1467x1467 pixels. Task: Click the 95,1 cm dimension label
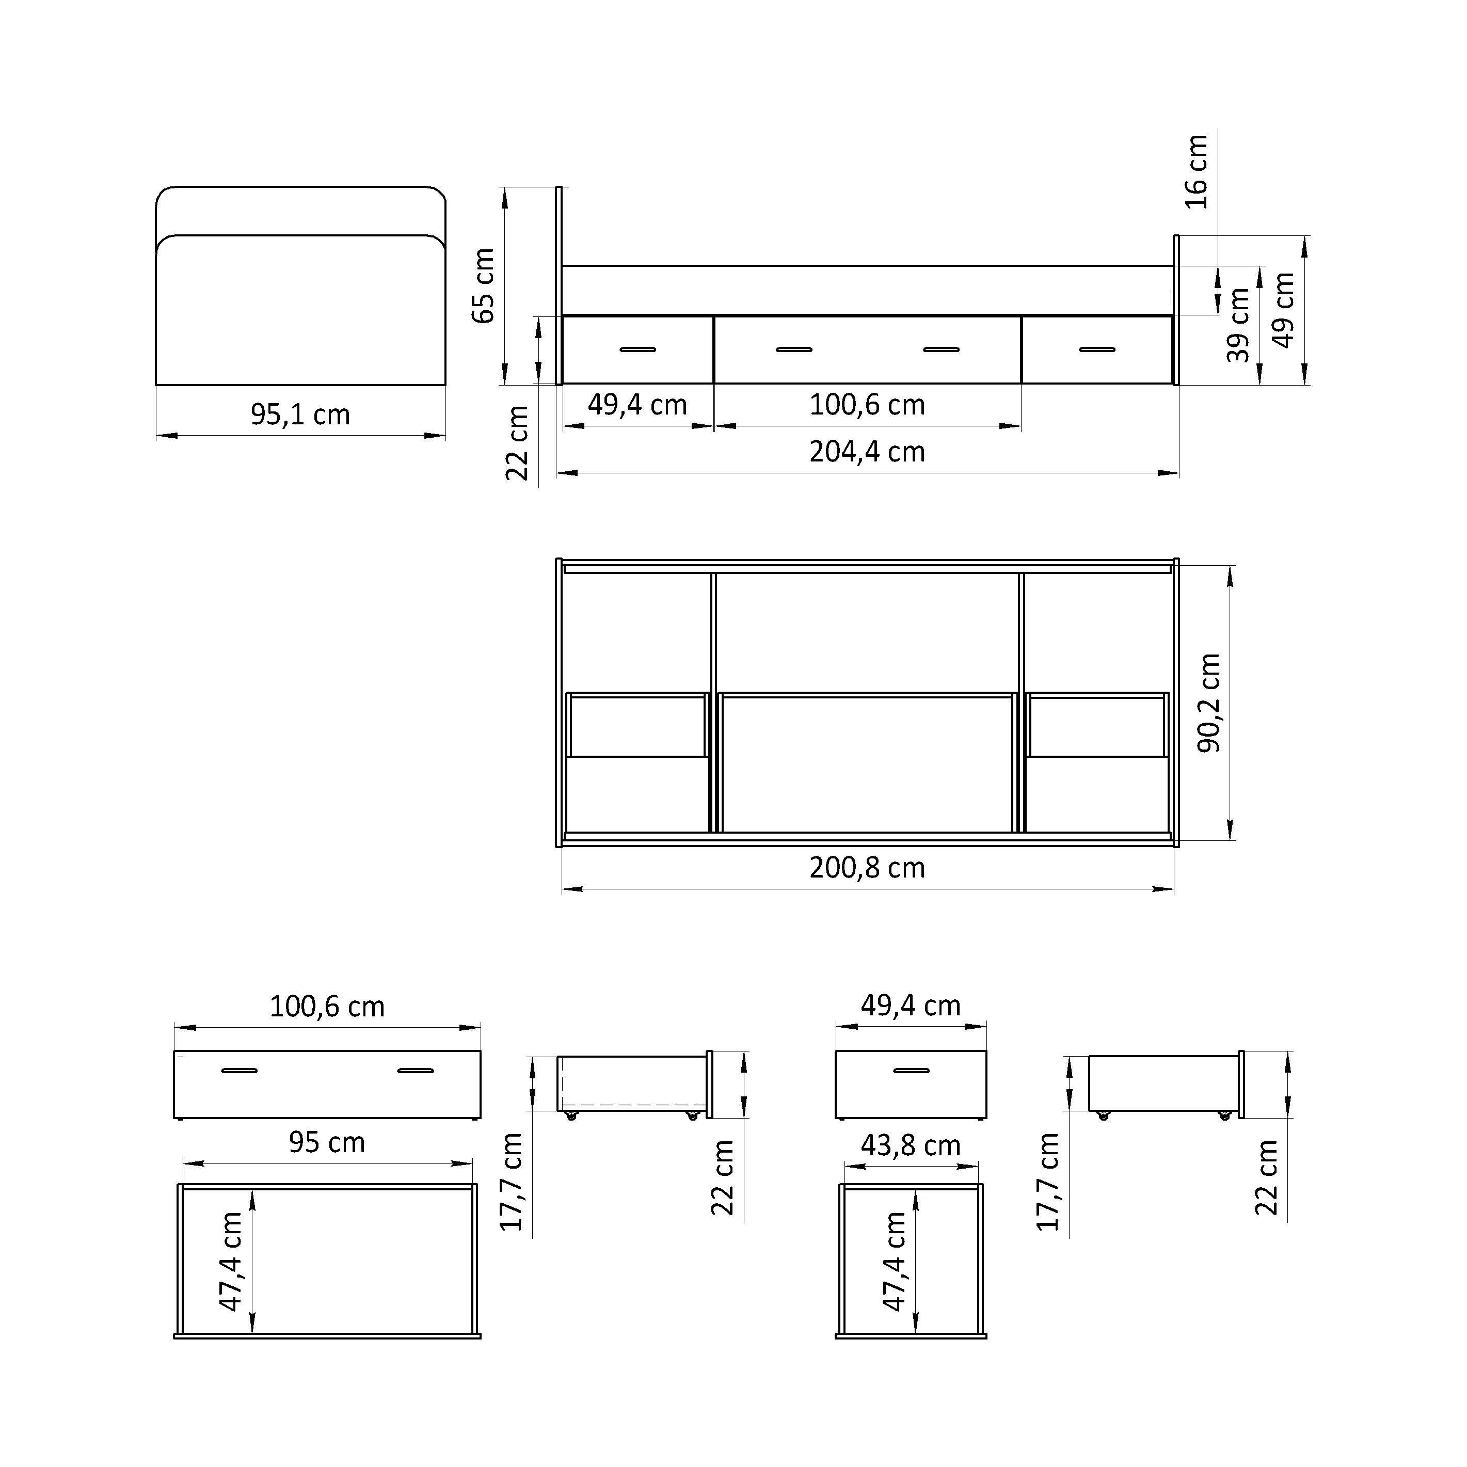pos(301,414)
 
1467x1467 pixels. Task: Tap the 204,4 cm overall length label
pos(867,452)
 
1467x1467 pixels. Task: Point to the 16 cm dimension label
pos(1196,171)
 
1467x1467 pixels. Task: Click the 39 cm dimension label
pos(1238,326)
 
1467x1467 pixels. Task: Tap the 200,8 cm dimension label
pos(867,868)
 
